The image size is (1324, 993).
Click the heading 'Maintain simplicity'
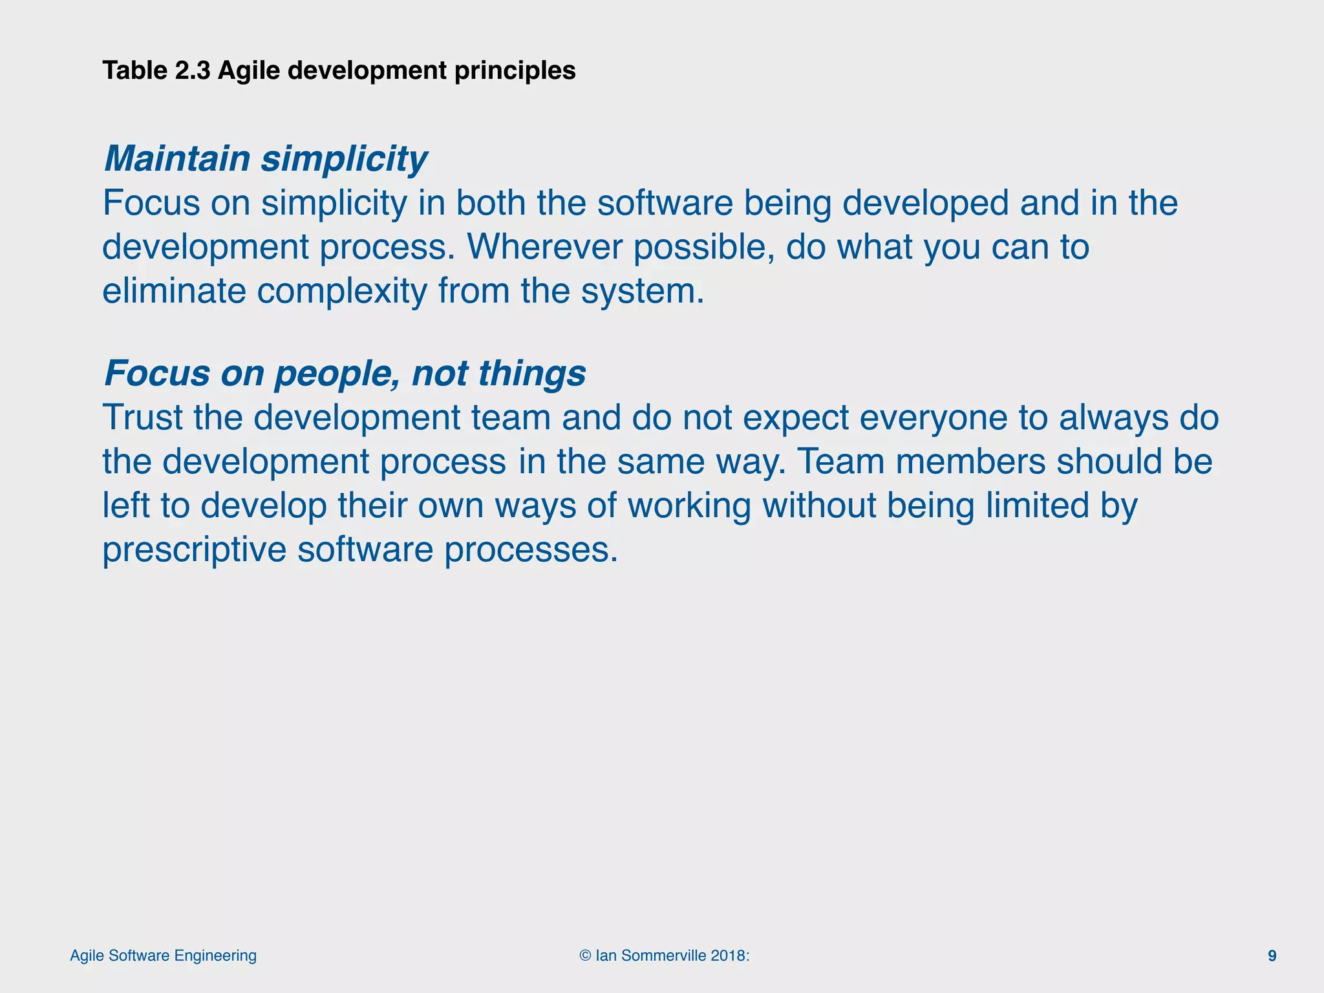(x=265, y=159)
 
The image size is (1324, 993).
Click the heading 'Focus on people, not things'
(x=345, y=374)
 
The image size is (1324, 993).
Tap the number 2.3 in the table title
(x=192, y=70)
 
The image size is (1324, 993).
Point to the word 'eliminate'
(x=174, y=291)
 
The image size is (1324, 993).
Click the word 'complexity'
(x=342, y=291)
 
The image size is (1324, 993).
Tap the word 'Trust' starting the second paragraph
(x=142, y=418)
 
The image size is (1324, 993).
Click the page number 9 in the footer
(x=1272, y=956)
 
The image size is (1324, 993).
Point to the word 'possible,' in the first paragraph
(x=704, y=247)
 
